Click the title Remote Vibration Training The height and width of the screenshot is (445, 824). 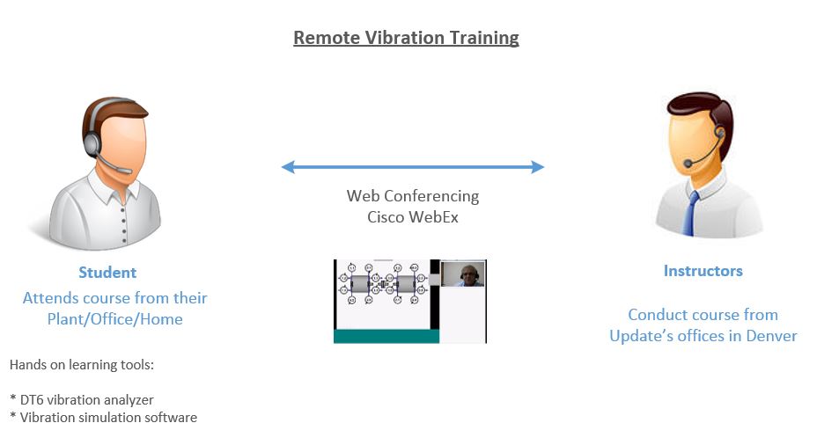click(x=406, y=38)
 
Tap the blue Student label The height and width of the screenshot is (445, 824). click(x=107, y=273)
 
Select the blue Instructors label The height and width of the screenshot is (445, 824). click(x=703, y=271)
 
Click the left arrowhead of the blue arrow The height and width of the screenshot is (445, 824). click(x=288, y=167)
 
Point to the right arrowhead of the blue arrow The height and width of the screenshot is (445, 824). click(x=538, y=167)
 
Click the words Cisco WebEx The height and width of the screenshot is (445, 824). click(x=413, y=217)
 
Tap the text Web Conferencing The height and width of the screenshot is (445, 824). click(x=413, y=196)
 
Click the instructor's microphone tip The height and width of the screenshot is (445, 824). click(x=688, y=164)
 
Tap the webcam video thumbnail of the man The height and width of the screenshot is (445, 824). click(x=462, y=274)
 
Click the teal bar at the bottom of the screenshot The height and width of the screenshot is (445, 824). click(x=386, y=336)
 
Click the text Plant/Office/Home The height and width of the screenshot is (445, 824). click(x=115, y=319)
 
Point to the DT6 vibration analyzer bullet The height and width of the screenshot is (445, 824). click(x=82, y=400)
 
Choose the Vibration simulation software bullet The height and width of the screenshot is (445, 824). click(x=104, y=418)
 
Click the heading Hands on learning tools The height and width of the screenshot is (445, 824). click(x=82, y=365)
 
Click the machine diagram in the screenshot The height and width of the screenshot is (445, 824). click(x=384, y=284)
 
